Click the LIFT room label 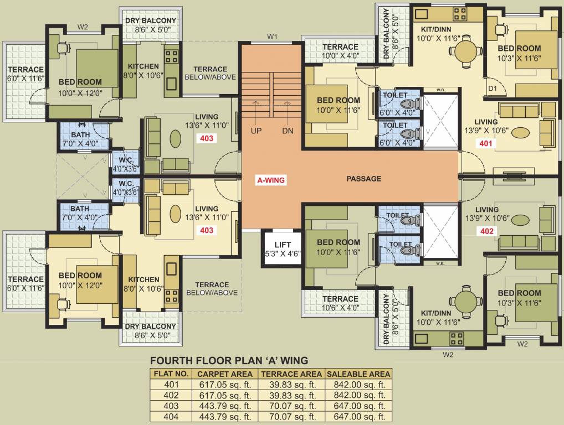[x=283, y=245]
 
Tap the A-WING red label [x=271, y=180]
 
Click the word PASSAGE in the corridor [x=363, y=179]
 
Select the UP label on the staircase [x=256, y=131]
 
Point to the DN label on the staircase [x=288, y=131]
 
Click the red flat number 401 [x=485, y=144]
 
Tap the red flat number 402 [x=486, y=231]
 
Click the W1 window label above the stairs [x=272, y=37]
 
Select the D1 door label [x=493, y=89]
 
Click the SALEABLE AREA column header [x=358, y=374]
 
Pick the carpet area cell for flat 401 [x=225, y=385]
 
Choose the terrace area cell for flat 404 [x=291, y=417]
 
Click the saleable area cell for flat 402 [x=360, y=396]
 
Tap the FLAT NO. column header [x=171, y=374]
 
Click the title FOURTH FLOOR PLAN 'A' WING [x=229, y=360]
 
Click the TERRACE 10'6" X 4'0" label [x=340, y=303]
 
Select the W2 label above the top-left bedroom [x=83, y=27]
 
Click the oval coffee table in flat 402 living [x=520, y=219]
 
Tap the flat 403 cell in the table [x=171, y=406]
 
